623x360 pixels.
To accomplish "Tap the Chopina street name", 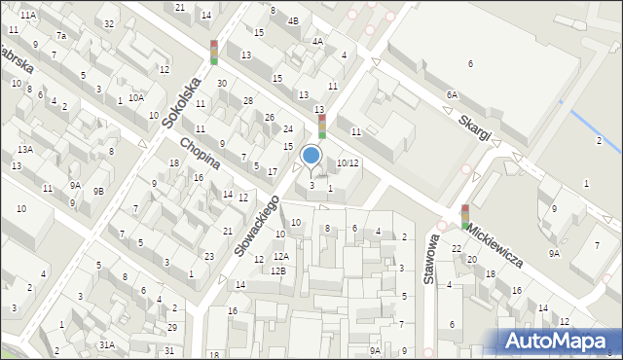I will tap(198, 155).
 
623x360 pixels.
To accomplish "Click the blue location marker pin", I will tap(311, 156).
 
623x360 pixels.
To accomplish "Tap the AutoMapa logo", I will tap(554, 341).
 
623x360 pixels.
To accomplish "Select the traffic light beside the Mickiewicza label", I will tap(465, 216).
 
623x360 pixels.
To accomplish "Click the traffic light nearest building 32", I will tap(214, 52).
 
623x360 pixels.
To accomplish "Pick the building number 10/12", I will tap(348, 162).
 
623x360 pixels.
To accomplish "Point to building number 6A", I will tap(451, 94).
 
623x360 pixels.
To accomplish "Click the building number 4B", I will tap(293, 20).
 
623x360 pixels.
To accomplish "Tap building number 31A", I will tap(106, 344).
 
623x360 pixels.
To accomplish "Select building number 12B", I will tap(277, 270).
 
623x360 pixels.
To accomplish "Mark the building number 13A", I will tap(24, 149).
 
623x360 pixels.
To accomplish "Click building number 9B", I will tap(98, 191).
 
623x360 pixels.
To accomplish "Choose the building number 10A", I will tap(136, 97).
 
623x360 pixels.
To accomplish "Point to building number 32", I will tap(109, 23).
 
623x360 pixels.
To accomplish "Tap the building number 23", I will tap(209, 257).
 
